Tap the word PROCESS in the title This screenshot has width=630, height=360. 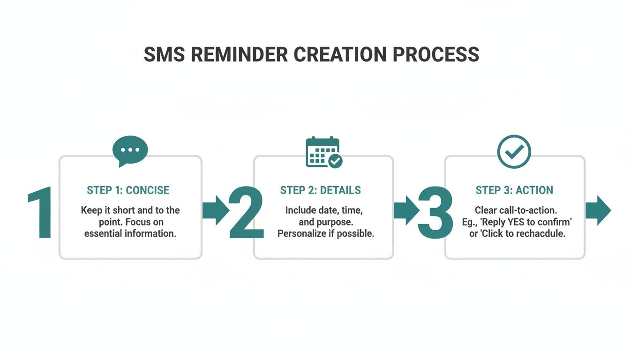[435, 54]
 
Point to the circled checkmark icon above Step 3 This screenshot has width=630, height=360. [514, 151]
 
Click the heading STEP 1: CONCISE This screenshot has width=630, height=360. [128, 190]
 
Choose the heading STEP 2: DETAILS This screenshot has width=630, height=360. [321, 190]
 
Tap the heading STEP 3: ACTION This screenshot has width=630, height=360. [514, 190]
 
